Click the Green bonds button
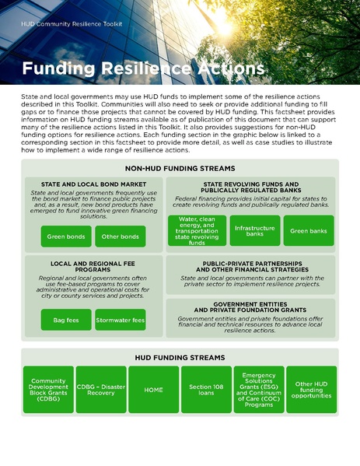click(x=66, y=237)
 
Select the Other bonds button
click(x=120, y=237)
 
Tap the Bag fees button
click(x=66, y=320)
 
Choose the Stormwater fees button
click(x=120, y=320)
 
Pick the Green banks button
click(x=308, y=231)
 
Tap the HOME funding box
click(x=153, y=389)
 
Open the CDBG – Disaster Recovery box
click(x=101, y=389)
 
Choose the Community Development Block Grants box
click(x=48, y=389)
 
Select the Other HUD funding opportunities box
click(x=311, y=389)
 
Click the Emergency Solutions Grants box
click(x=258, y=389)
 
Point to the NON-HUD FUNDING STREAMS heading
click(x=179, y=168)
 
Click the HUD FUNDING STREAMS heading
click(x=180, y=358)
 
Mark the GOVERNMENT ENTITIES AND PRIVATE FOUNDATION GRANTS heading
click(x=250, y=307)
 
